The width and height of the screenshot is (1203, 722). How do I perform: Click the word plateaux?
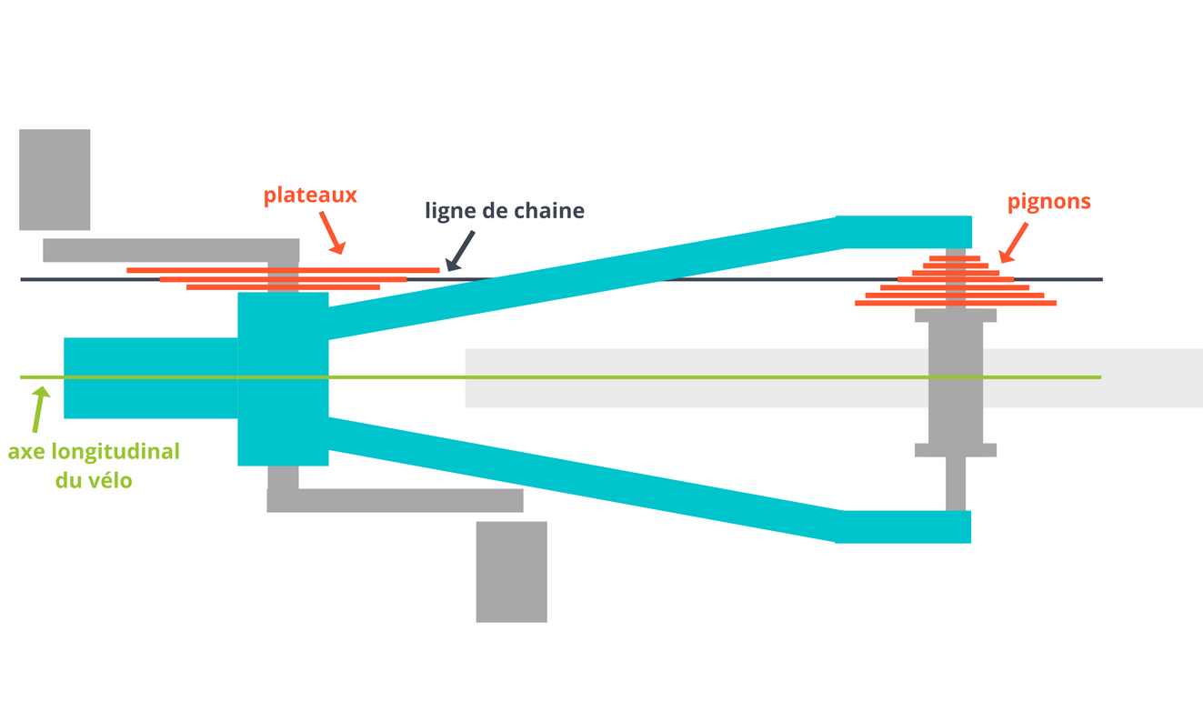point(310,196)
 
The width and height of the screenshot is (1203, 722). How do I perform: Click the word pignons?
point(1048,202)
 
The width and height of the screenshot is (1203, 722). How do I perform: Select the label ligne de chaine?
point(505,211)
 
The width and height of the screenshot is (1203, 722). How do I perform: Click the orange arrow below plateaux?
point(333,235)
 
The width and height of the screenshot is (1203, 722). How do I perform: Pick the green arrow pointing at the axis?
point(37,409)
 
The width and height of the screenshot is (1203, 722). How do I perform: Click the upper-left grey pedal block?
point(55,179)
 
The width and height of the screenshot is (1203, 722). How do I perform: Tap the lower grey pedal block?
point(511,571)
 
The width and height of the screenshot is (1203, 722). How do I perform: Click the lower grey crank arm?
point(395,500)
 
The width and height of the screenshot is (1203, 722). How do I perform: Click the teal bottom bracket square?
point(283,378)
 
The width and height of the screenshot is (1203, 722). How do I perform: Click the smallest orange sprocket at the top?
point(954,258)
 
